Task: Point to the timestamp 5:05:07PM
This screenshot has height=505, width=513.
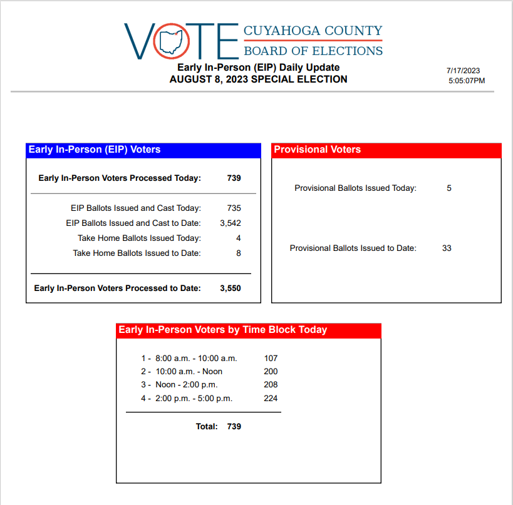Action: tap(467, 81)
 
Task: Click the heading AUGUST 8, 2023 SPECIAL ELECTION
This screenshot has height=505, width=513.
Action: tap(258, 79)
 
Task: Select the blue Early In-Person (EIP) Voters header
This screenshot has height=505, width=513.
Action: tap(143, 150)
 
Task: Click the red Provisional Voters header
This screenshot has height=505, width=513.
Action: tap(386, 150)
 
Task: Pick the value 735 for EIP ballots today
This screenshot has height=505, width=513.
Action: tap(234, 208)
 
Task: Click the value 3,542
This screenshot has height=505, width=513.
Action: tap(230, 223)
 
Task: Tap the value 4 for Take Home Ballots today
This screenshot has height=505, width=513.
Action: tap(238, 238)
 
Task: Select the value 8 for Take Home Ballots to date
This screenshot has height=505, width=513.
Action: tap(238, 253)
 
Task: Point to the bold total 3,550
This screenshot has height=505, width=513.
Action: tap(230, 288)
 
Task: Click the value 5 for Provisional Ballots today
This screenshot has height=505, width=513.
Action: tap(449, 188)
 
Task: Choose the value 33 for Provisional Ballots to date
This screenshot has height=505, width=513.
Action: tap(447, 248)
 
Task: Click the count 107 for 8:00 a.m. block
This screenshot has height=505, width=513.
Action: tap(271, 359)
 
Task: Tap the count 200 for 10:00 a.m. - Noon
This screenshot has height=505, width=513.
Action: tap(271, 372)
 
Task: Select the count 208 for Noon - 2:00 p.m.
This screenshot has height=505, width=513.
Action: tap(271, 385)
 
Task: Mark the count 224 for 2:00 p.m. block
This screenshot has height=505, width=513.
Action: tap(271, 399)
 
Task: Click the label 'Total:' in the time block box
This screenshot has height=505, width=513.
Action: tap(207, 427)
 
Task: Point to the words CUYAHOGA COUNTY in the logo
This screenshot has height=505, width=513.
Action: tap(312, 31)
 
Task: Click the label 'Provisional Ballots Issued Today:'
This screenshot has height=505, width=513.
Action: tap(355, 188)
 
